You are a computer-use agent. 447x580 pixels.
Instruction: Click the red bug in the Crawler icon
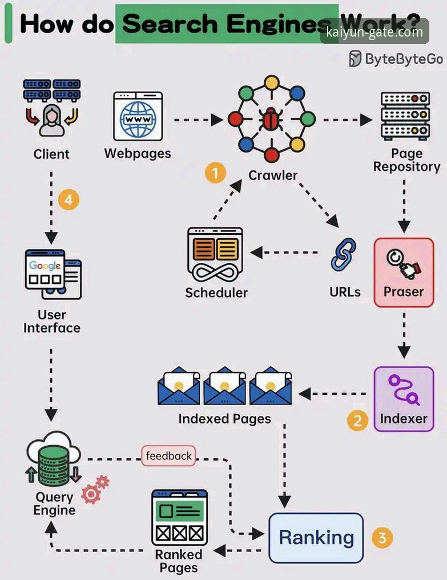[272, 119]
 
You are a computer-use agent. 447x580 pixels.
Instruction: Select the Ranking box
[316, 538]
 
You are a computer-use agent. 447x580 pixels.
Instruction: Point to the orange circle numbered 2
[357, 421]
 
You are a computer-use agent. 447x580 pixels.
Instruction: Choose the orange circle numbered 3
[382, 537]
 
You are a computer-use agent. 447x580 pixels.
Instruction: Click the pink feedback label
[168, 456]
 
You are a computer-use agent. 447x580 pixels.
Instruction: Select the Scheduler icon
[215, 254]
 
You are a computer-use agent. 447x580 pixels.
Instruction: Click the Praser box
[404, 273]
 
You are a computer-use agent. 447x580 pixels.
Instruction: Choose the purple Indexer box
[404, 398]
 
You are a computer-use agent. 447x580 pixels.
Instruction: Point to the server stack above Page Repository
[405, 115]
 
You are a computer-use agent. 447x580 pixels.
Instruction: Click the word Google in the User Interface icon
[45, 266]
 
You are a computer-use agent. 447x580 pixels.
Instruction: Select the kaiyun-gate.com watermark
[374, 33]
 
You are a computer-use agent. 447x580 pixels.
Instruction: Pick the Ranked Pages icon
[179, 518]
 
